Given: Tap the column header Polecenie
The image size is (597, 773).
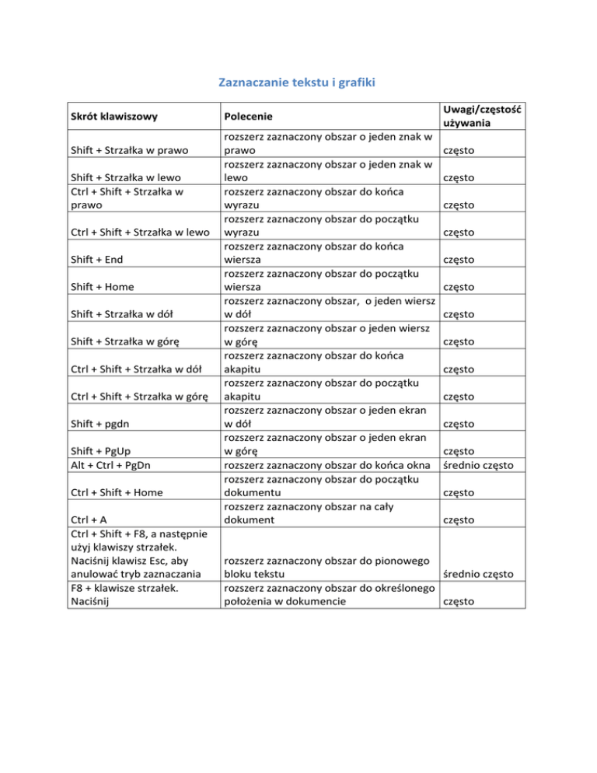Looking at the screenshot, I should (x=250, y=117).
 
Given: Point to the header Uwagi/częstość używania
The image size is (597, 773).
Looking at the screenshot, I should (x=481, y=117).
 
